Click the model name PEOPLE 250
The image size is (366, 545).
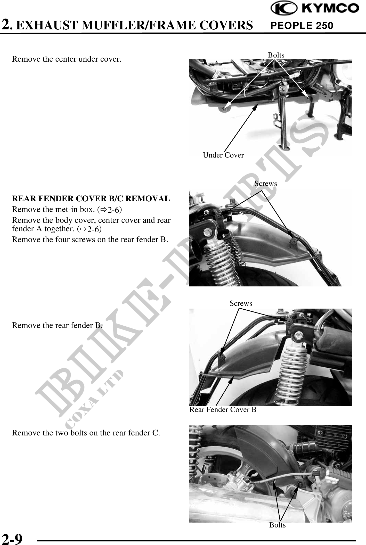pyautogui.click(x=302, y=26)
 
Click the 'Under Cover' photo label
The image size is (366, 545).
pyautogui.click(x=223, y=155)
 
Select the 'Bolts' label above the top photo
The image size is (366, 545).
pyautogui.click(x=276, y=55)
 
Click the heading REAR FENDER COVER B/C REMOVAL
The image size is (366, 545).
pyautogui.click(x=91, y=199)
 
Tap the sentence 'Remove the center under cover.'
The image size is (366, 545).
pyautogui.click(x=67, y=59)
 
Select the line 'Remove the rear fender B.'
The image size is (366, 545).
pyautogui.click(x=57, y=325)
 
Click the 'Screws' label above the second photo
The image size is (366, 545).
pyautogui.click(x=266, y=183)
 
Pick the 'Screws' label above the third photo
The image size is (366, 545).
pyautogui.click(x=241, y=303)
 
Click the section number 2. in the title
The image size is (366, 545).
pyautogui.click(x=7, y=25)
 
